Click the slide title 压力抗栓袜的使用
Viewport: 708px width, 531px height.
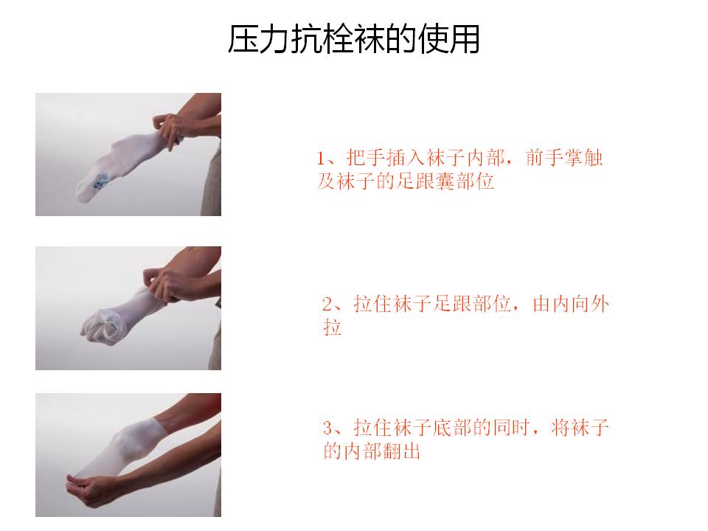click(x=353, y=39)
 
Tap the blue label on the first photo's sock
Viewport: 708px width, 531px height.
click(x=100, y=181)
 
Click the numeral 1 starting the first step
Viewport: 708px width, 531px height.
click(x=320, y=159)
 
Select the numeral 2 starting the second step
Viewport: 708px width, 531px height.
click(x=327, y=304)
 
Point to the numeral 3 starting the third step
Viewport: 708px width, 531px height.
click(x=327, y=428)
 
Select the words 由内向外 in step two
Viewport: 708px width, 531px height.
click(x=571, y=304)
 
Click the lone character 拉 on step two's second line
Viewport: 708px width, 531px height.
click(x=333, y=327)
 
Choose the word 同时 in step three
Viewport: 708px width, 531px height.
click(x=512, y=428)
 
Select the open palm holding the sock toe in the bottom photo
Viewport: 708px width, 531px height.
click(x=90, y=487)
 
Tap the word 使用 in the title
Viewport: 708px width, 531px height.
click(x=449, y=40)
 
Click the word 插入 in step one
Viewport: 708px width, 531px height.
click(x=406, y=158)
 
